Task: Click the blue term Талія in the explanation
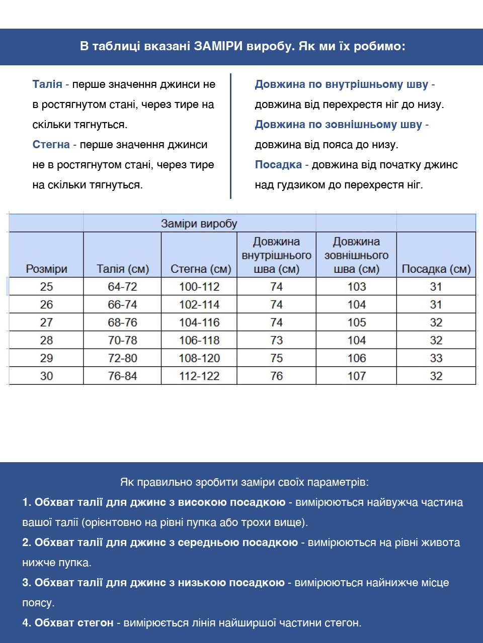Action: click(x=47, y=84)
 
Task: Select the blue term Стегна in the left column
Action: click(x=51, y=145)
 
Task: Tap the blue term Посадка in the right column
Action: click(x=278, y=165)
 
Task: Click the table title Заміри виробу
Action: click(x=199, y=224)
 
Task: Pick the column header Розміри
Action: click(x=46, y=269)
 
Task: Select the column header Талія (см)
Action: click(x=123, y=269)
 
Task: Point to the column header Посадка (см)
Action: click(x=436, y=269)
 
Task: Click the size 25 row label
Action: click(x=46, y=287)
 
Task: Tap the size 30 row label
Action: click(x=46, y=376)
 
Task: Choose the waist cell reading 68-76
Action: click(x=122, y=323)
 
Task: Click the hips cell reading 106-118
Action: click(x=199, y=340)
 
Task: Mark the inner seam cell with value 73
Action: click(x=277, y=340)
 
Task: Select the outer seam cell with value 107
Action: click(x=357, y=376)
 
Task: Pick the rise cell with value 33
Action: click(x=436, y=358)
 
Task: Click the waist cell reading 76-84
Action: click(x=122, y=376)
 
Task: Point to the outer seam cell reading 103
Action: click(x=357, y=287)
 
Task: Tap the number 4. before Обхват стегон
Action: click(x=27, y=623)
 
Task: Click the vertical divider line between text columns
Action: click(x=230, y=136)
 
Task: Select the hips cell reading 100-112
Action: click(x=199, y=287)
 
